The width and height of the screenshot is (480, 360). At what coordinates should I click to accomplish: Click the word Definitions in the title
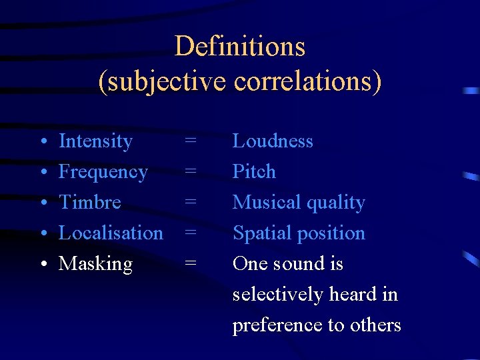(240, 47)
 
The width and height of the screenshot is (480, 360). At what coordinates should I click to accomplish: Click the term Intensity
(95, 141)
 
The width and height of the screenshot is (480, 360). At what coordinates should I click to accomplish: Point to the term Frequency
(103, 172)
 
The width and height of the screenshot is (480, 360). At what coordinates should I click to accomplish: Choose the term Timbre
(90, 202)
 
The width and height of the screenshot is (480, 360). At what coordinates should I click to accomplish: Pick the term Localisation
(111, 233)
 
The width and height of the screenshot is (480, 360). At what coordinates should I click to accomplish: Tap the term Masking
(95, 264)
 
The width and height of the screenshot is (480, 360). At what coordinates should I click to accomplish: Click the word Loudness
(273, 141)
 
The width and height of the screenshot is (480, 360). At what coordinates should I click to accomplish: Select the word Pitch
(254, 172)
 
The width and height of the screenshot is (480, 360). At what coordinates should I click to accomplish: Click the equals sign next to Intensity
(191, 141)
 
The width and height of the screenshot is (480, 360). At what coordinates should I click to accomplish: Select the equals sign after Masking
(191, 264)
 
